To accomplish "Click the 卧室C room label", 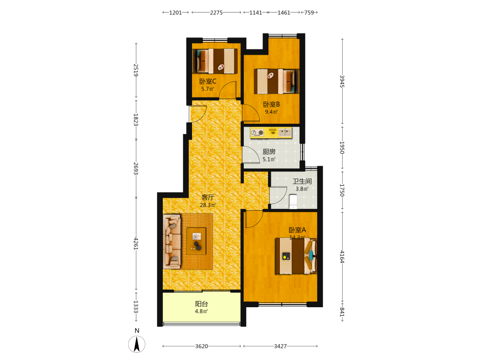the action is [207, 82].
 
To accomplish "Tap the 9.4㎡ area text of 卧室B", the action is [271, 112].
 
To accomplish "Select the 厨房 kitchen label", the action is [269, 152].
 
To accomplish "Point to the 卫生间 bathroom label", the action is [302, 181].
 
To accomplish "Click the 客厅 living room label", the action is [207, 197].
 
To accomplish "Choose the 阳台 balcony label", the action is [202, 304].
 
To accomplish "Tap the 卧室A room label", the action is [297, 230].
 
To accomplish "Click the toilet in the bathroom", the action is [293, 202].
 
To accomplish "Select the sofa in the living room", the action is [172, 241].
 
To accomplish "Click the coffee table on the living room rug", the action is [196, 241].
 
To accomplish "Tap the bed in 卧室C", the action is [215, 61].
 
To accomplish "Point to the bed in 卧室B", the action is [276, 81].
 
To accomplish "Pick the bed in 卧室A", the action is [296, 256].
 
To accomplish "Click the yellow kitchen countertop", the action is [271, 133].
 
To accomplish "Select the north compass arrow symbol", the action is [137, 344].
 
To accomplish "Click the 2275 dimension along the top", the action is [216, 12].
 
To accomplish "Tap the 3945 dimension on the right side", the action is [342, 82].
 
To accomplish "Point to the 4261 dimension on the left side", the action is [136, 244].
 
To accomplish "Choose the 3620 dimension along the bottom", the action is [202, 346].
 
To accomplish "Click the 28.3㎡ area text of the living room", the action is [207, 205].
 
